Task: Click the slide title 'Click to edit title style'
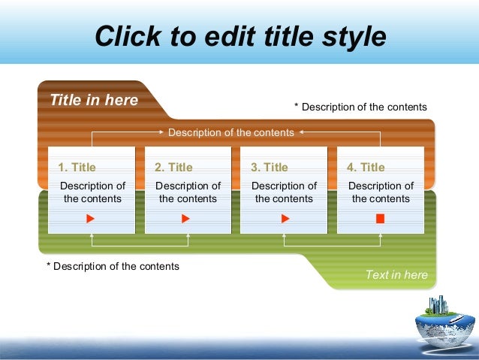tap(240, 35)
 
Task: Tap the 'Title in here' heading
tap(94, 100)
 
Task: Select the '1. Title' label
tap(77, 167)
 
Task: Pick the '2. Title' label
tap(173, 167)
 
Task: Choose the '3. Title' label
tap(270, 167)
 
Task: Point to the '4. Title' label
tap(366, 167)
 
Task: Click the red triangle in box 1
tap(90, 219)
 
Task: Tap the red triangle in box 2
tap(186, 219)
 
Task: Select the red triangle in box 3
tap(285, 219)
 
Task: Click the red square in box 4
tap(380, 219)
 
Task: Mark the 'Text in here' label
tap(396, 274)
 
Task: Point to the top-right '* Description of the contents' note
tap(360, 107)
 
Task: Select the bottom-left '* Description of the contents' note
tap(113, 266)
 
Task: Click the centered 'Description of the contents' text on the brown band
tap(230, 132)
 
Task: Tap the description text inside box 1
tap(92, 192)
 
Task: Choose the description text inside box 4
tap(381, 192)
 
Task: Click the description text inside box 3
tap(284, 192)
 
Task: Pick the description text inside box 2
tap(188, 192)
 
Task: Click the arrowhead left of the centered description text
tap(163, 132)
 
